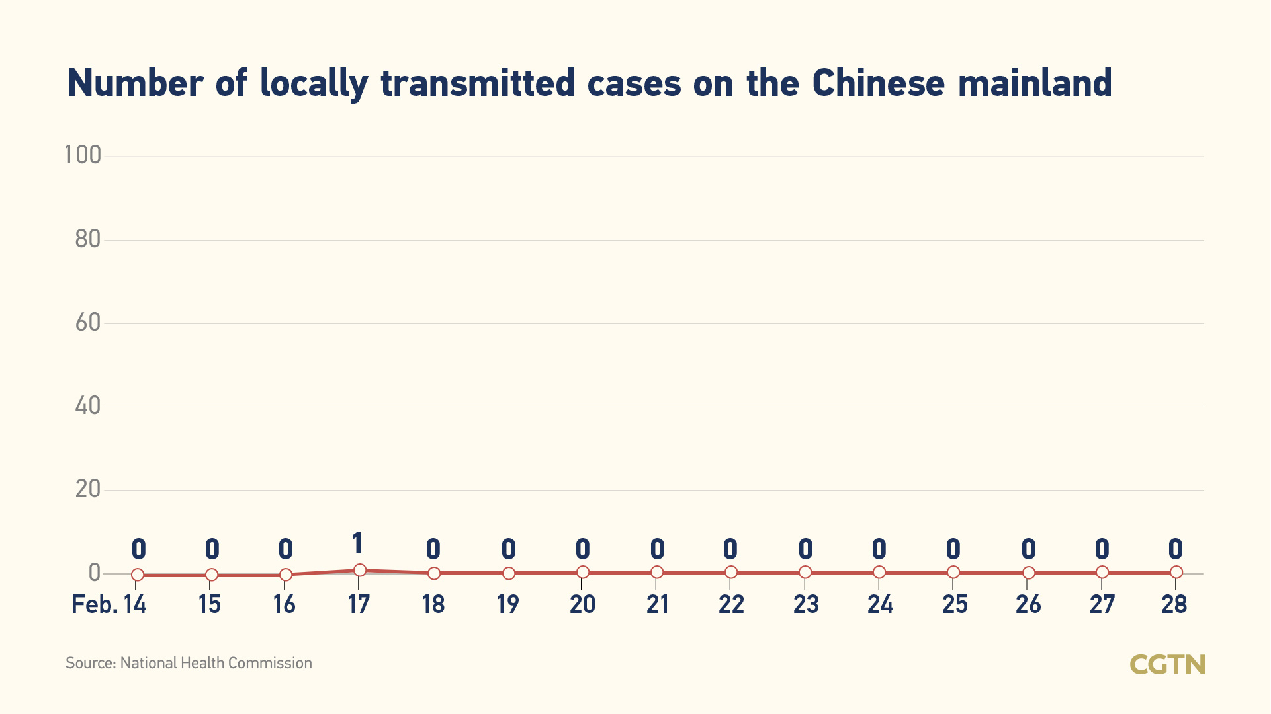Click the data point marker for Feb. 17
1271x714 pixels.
(359, 570)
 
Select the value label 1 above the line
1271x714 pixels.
(357, 544)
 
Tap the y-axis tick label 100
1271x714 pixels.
(83, 155)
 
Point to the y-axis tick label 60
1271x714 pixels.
(87, 323)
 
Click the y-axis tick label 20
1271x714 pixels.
(87, 489)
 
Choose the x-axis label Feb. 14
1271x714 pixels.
(109, 604)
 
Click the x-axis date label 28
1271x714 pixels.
(1174, 604)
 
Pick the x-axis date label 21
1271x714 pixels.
(657, 604)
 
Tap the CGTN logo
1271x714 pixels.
(1167, 664)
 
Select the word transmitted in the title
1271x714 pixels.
(478, 83)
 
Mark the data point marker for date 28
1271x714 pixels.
(1176, 572)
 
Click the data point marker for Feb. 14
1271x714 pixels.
(138, 575)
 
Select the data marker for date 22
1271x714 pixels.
(730, 572)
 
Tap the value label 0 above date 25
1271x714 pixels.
(953, 549)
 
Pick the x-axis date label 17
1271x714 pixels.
(359, 604)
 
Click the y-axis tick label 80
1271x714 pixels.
(87, 239)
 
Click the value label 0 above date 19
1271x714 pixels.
(508, 549)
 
